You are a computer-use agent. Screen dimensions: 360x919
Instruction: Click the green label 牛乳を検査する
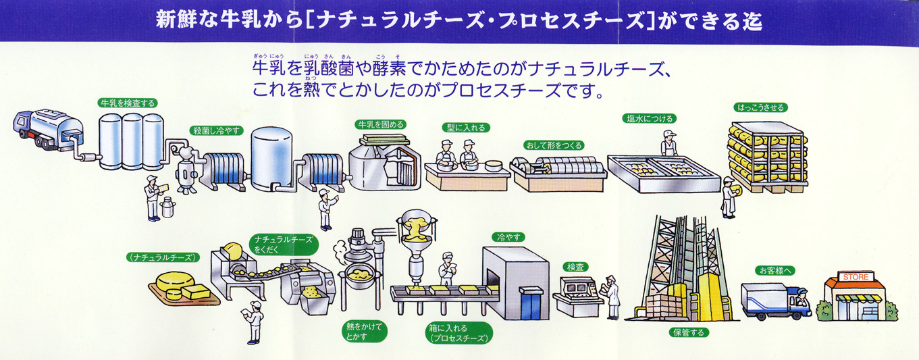coord(128,103)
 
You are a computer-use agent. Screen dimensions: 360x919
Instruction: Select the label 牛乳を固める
coord(380,124)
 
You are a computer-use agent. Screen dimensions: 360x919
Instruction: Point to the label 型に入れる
coord(465,127)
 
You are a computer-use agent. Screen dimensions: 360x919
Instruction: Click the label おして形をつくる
coord(553,145)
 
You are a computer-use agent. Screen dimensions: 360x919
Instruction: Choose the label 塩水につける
coord(649,119)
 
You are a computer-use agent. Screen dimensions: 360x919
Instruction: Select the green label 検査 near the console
coord(575,267)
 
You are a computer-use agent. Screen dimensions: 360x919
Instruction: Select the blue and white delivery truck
coord(773,302)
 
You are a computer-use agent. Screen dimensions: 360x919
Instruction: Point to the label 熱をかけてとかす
coord(363,330)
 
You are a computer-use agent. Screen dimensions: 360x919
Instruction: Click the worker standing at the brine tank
coord(668,144)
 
